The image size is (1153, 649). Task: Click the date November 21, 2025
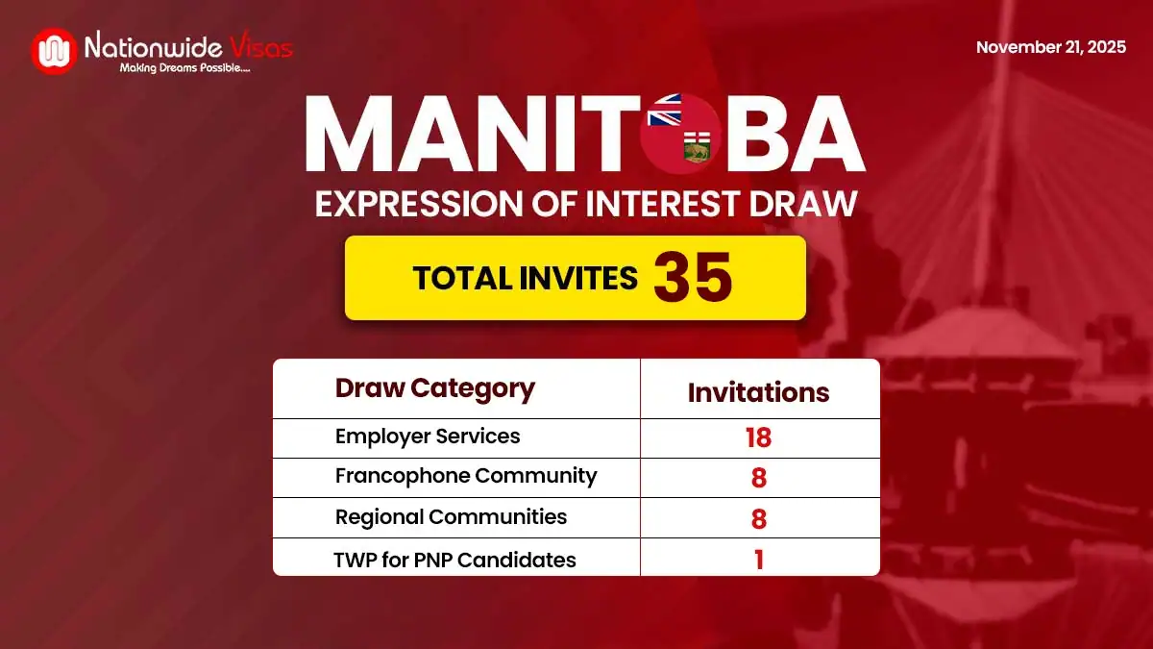[1051, 47]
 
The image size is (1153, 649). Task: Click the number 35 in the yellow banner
[693, 278]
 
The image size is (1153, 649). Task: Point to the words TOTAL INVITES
[525, 278]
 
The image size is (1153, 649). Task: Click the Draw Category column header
[434, 388]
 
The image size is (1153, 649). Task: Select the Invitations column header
[758, 392]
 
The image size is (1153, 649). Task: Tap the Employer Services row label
[428, 437]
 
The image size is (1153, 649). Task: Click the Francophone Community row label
[466, 476]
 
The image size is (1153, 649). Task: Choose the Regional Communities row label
[451, 517]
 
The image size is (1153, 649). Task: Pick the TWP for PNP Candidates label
[454, 560]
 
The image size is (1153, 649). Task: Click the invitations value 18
[758, 438]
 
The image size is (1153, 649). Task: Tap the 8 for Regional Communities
[758, 519]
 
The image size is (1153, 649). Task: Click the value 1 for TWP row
[758, 560]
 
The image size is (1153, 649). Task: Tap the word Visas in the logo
[259, 45]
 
